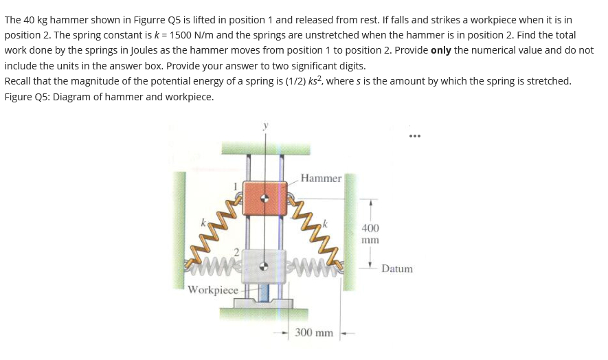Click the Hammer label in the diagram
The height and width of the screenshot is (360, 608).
pos(321,179)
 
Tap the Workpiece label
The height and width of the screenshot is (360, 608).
pos(213,290)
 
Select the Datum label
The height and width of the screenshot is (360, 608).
pos(397,269)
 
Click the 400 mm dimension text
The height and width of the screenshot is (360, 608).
pos(370,234)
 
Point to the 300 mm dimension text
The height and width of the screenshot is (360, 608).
pos(314,333)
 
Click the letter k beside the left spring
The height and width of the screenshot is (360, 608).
pos(203,223)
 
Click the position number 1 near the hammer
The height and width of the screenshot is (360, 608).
pos(236,185)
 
